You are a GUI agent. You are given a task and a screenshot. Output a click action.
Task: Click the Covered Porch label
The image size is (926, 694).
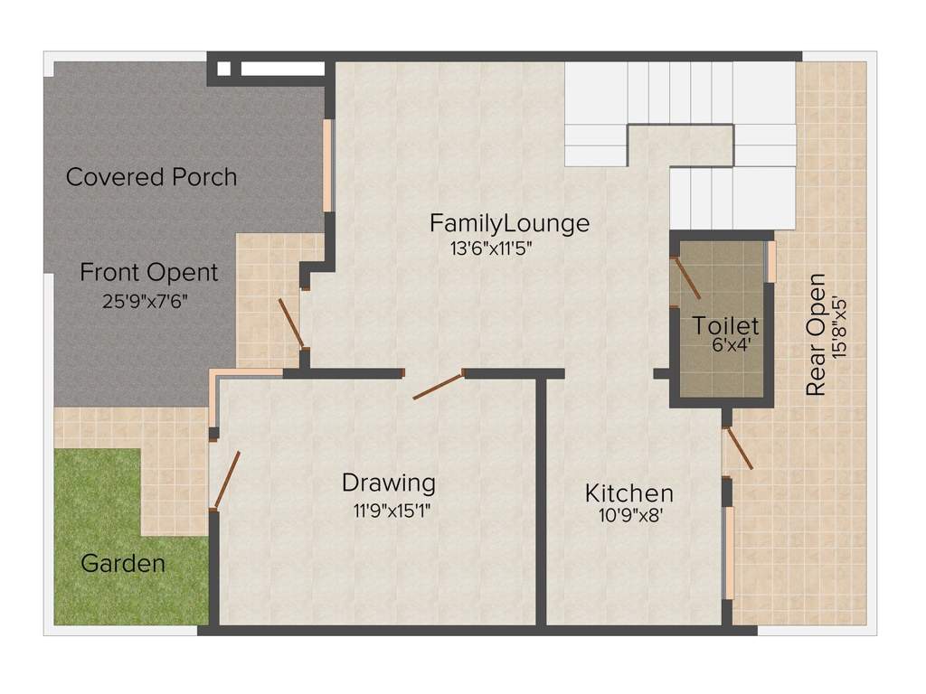(x=151, y=177)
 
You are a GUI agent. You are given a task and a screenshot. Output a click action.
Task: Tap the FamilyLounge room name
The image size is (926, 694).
(x=509, y=222)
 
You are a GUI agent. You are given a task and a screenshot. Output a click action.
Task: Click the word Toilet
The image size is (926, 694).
(x=726, y=325)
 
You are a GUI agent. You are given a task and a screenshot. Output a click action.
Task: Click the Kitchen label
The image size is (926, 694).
(x=629, y=493)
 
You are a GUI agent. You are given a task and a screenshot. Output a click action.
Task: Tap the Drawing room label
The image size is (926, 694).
(x=388, y=483)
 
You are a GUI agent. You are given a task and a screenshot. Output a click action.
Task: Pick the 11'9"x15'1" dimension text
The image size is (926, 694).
(x=392, y=511)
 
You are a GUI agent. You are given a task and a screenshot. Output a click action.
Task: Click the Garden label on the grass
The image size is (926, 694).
(x=123, y=564)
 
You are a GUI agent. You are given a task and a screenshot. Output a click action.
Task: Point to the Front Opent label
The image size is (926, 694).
(x=148, y=272)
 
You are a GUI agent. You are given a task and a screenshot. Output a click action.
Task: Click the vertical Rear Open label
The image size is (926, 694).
(x=816, y=333)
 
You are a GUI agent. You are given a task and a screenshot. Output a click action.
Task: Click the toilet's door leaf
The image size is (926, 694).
(x=686, y=277)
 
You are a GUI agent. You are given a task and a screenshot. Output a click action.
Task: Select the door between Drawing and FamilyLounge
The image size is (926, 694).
(x=438, y=385)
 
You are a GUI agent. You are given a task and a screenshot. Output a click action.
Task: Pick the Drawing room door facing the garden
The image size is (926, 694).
(x=226, y=480)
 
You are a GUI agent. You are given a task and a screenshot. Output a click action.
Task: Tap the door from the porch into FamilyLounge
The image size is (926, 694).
(x=290, y=323)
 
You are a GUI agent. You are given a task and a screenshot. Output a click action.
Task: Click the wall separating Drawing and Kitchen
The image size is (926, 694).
(x=542, y=502)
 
